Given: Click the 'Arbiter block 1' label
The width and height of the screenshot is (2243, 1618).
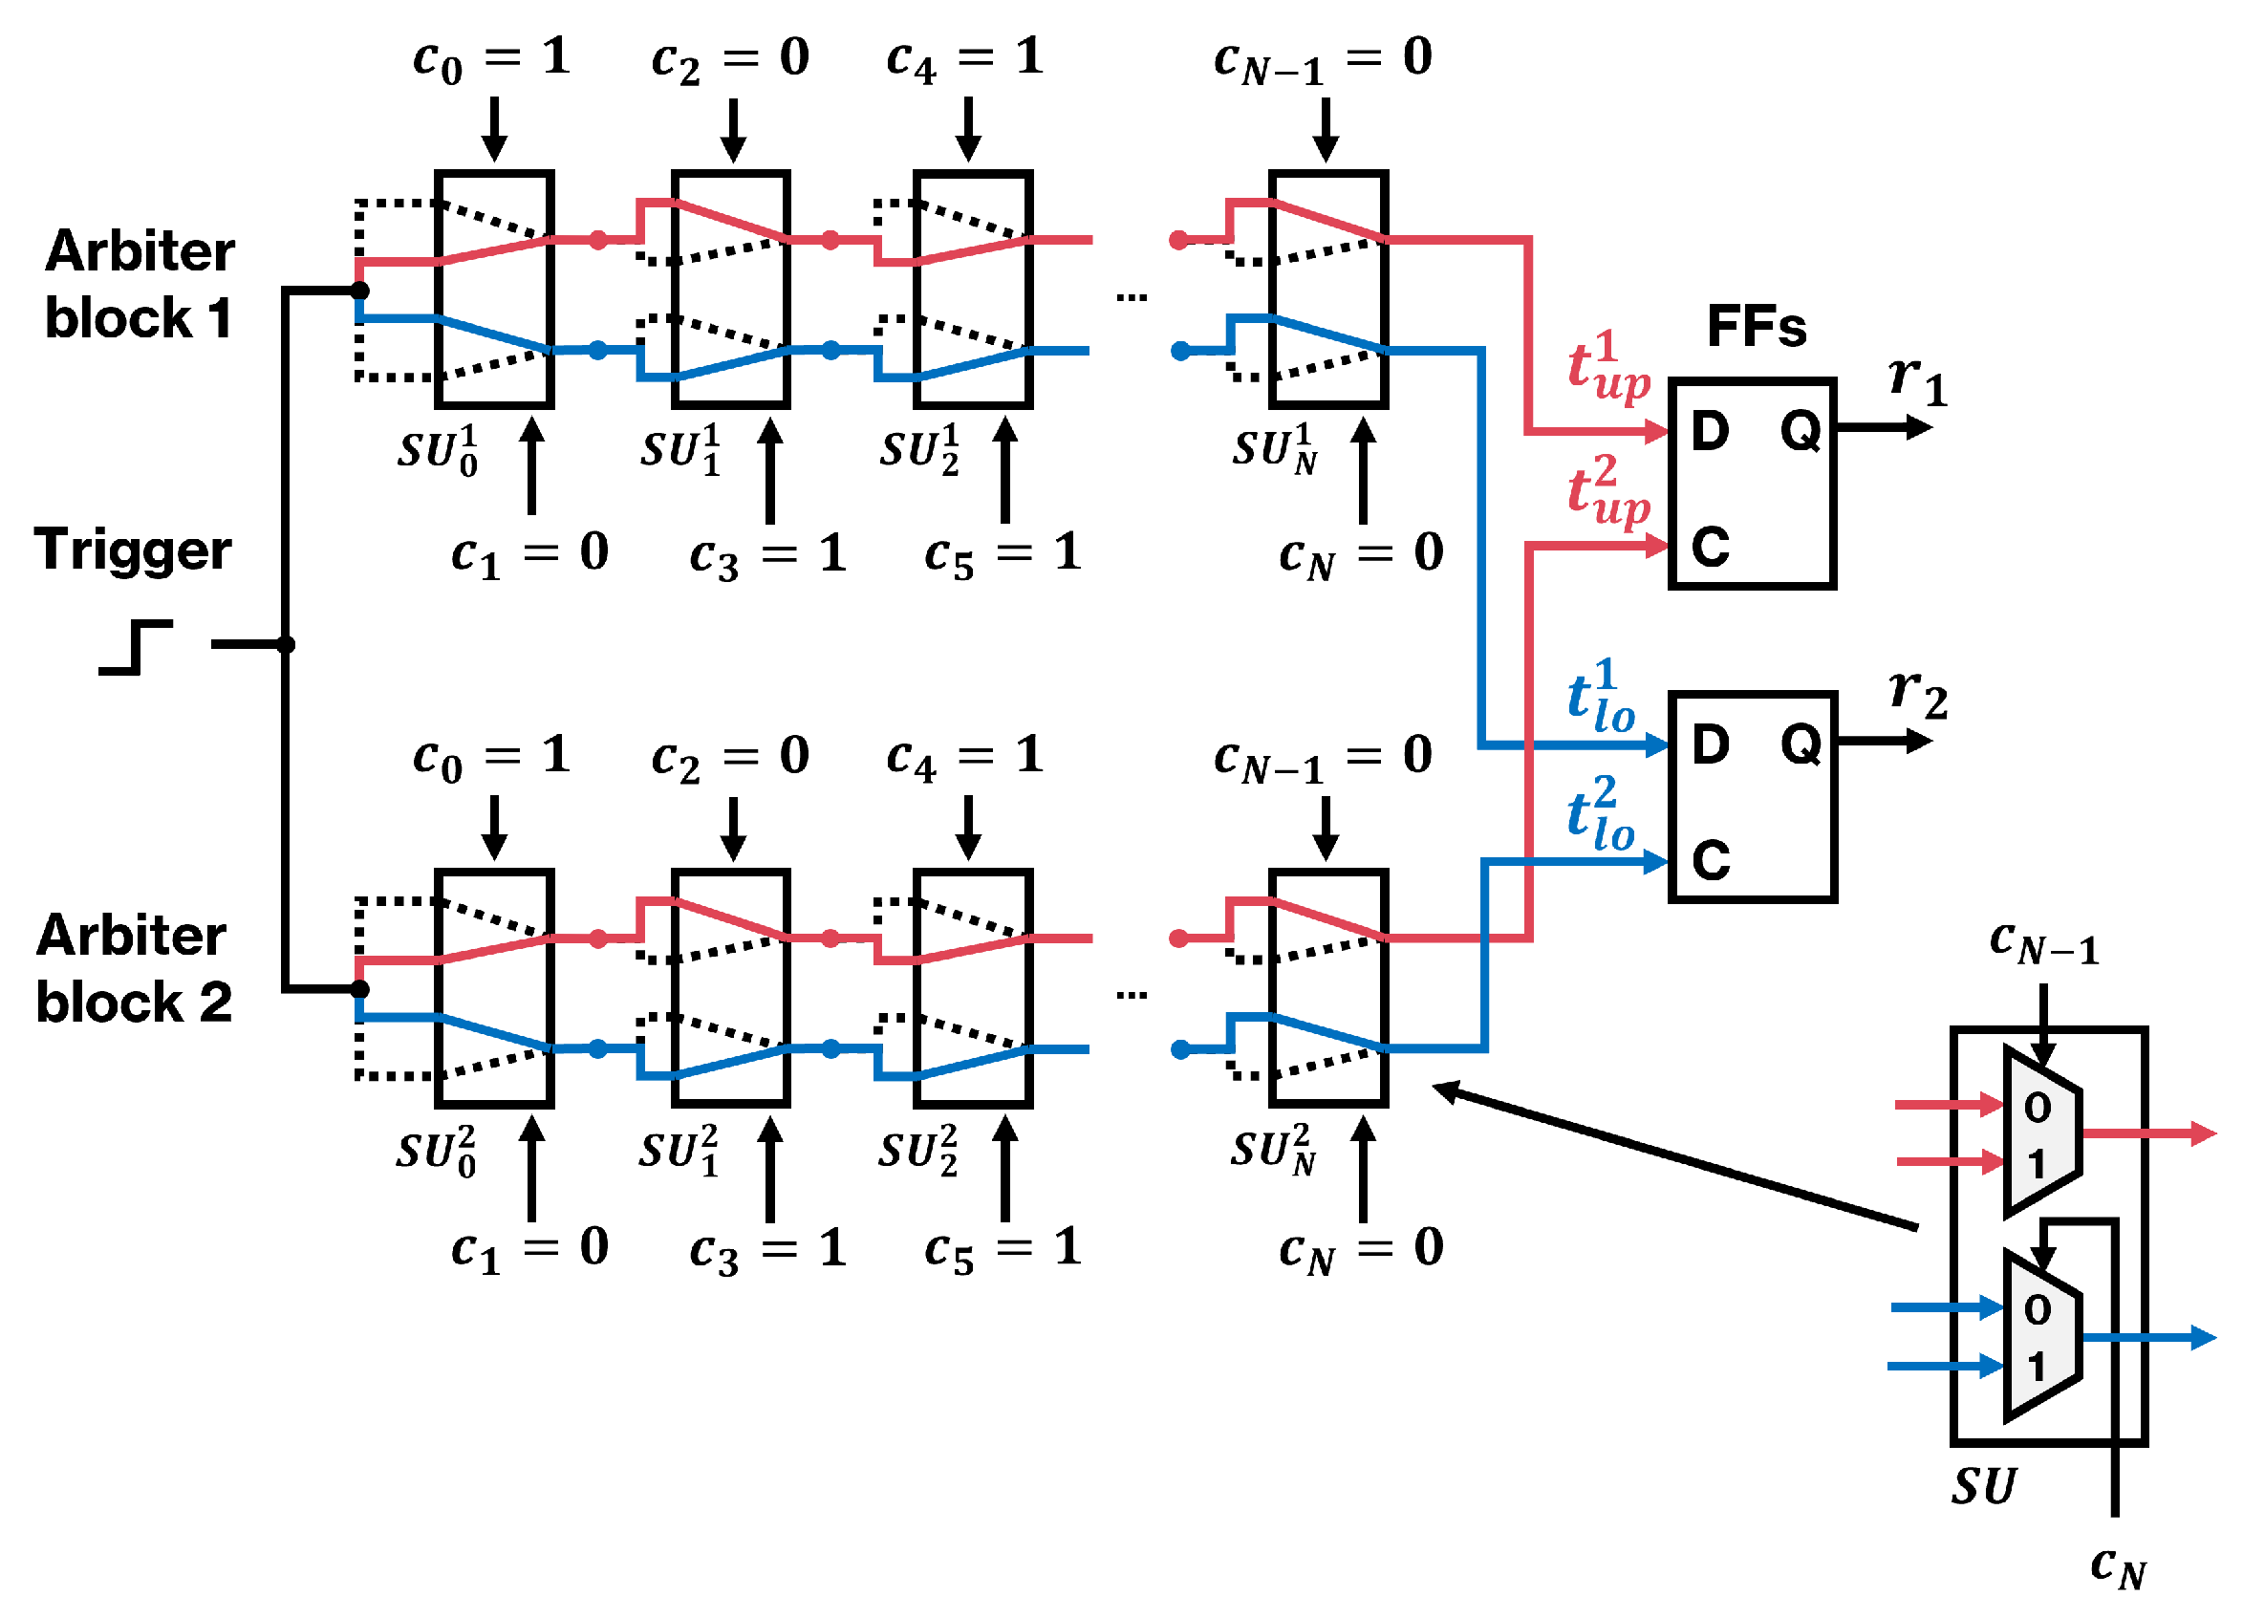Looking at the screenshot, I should (140, 284).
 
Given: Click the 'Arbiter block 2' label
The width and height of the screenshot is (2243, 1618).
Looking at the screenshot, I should (134, 969).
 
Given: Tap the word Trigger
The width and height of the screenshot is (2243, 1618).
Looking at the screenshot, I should (133, 550).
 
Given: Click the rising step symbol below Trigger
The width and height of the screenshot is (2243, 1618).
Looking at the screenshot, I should (137, 648).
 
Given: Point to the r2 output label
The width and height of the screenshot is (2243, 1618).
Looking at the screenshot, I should (1917, 694).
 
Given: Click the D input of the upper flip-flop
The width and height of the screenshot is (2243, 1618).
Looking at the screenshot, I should (1710, 431).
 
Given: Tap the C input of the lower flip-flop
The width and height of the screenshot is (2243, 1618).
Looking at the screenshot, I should (1710, 860).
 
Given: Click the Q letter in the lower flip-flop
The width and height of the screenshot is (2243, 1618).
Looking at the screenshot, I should (1801, 744).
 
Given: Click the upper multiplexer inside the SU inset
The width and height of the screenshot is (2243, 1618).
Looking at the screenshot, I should (2041, 1133).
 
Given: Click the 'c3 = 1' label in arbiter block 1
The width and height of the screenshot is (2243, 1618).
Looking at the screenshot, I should (767, 555).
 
